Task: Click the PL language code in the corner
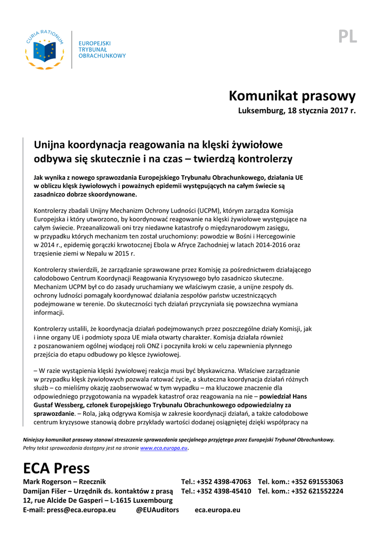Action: click(x=348, y=37)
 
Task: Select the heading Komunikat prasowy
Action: click(x=292, y=96)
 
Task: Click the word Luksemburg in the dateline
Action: click(x=258, y=111)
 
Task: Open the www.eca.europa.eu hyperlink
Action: click(x=164, y=448)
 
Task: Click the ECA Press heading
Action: click(x=57, y=468)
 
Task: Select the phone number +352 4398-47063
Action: click(x=224, y=481)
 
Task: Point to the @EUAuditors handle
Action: click(x=158, y=510)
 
